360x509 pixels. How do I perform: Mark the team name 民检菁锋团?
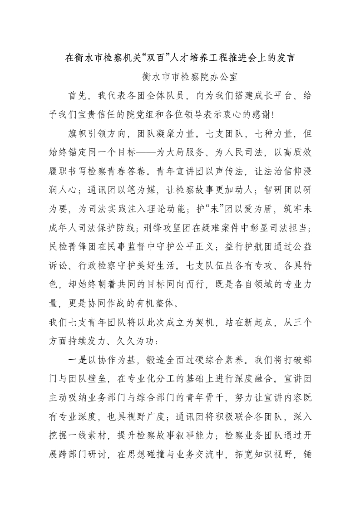click(x=71, y=246)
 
